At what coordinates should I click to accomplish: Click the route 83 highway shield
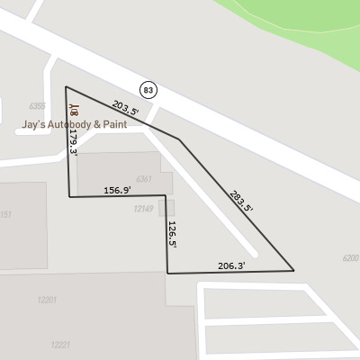click(x=148, y=88)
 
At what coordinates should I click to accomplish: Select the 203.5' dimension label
click(x=125, y=108)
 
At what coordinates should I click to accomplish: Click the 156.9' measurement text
click(x=117, y=190)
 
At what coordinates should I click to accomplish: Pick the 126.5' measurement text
click(x=171, y=232)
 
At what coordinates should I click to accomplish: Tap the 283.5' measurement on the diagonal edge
click(x=240, y=200)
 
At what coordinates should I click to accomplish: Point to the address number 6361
click(x=143, y=178)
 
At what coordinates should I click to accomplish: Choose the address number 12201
click(x=48, y=300)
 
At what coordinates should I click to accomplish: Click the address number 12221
click(x=60, y=345)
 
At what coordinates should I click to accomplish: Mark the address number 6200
click(x=350, y=258)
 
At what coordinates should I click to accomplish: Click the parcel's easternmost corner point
click(x=294, y=270)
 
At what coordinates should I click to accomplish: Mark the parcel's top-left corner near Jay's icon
click(x=66, y=87)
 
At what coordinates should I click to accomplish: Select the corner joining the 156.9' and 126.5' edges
click(x=166, y=194)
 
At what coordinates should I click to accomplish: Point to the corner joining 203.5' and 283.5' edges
click(x=180, y=140)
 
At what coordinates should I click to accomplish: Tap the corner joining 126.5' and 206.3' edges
click(x=167, y=272)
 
